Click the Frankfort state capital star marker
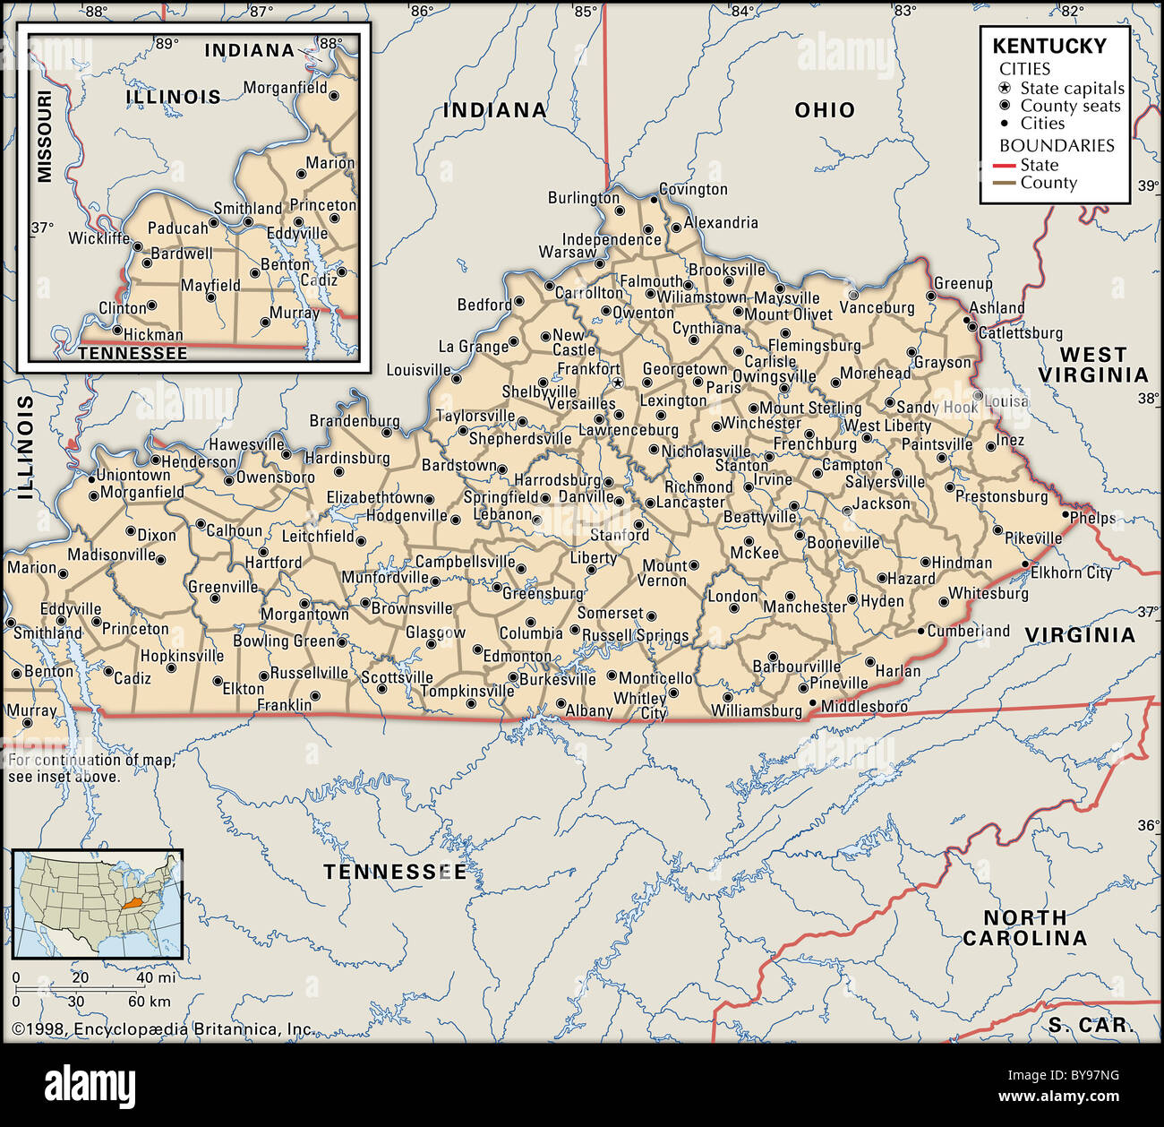(617, 383)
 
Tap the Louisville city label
(418, 370)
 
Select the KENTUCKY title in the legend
(1049, 46)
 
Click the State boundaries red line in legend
(1005, 166)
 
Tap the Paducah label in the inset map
(177, 228)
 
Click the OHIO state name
(825, 110)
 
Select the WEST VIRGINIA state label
(1092, 365)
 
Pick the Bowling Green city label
(283, 641)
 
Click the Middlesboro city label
(864, 707)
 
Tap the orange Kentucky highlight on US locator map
(135, 906)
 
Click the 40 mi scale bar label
(155, 977)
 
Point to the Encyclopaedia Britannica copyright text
(163, 1029)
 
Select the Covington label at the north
(693, 189)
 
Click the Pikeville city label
(1033, 538)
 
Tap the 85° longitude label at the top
(585, 11)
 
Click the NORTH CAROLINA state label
(1024, 928)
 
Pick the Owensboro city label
(275, 477)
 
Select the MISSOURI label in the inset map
(44, 135)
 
